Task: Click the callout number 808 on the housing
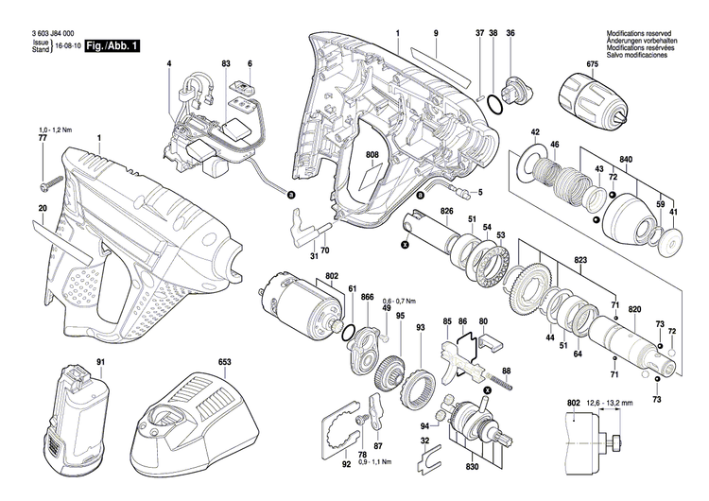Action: click(372, 154)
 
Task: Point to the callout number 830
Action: click(472, 467)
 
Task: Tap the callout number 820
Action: click(634, 310)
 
